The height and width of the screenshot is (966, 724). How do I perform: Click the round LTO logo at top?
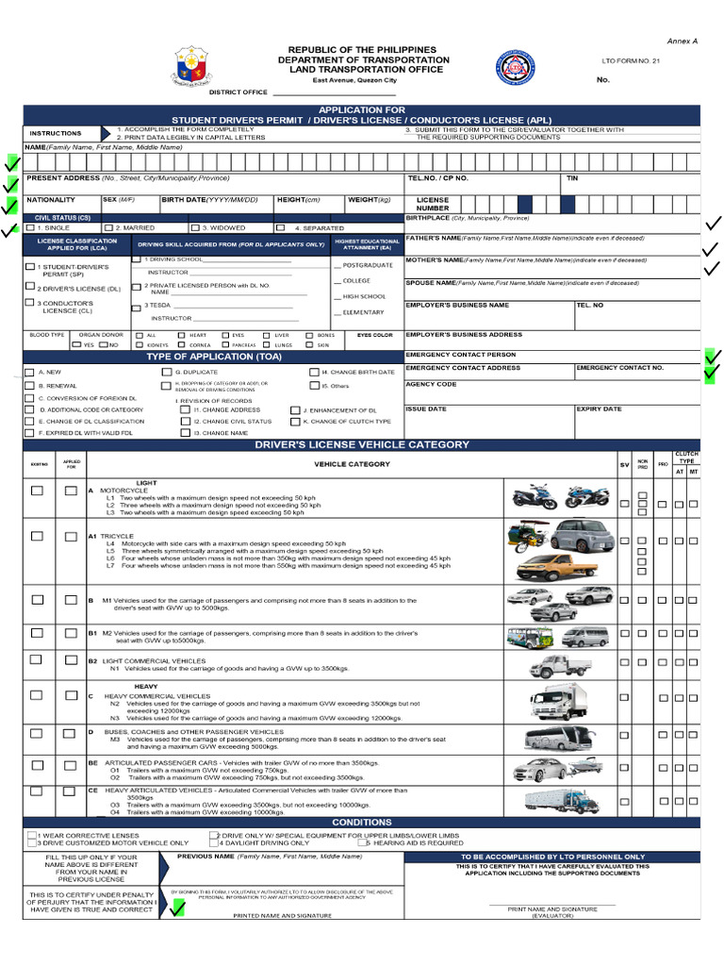click(515, 68)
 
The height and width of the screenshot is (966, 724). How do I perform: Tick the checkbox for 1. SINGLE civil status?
click(30, 228)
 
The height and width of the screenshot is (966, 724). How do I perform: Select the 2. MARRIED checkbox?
click(108, 228)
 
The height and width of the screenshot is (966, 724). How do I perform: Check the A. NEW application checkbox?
click(29, 373)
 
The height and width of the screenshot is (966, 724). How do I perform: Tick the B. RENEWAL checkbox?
click(29, 386)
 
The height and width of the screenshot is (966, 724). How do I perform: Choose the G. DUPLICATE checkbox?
click(167, 373)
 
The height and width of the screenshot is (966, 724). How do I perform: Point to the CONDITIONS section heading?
click(362, 823)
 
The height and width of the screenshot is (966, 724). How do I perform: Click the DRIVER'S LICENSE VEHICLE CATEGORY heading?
click(362, 444)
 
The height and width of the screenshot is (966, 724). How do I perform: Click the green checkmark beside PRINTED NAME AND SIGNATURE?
click(177, 908)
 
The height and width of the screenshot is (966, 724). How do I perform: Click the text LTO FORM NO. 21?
click(631, 60)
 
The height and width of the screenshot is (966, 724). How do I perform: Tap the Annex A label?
click(683, 42)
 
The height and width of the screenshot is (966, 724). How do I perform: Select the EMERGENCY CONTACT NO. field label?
click(619, 368)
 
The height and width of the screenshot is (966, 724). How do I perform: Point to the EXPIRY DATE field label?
click(599, 409)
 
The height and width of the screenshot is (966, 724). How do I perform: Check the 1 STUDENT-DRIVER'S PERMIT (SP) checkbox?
click(29, 267)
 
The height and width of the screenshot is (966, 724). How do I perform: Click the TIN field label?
click(572, 177)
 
